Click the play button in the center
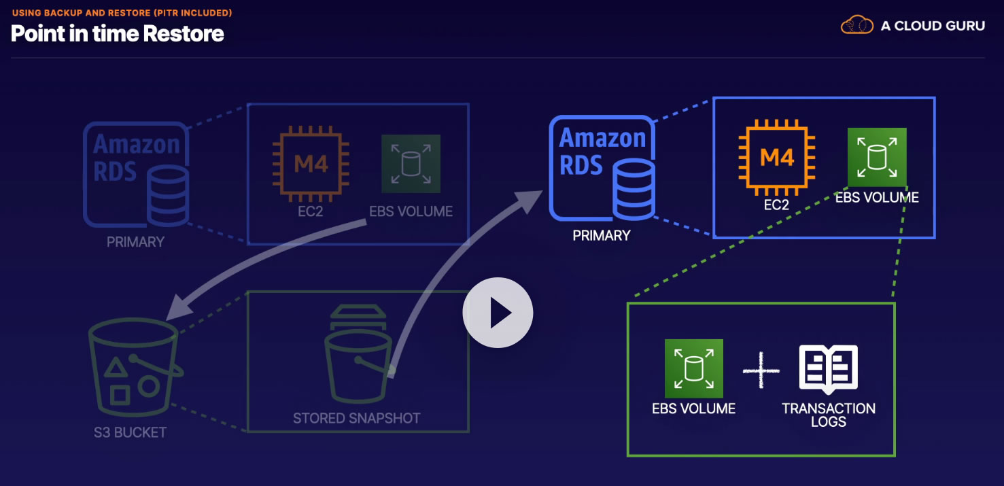(498, 313)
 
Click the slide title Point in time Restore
(118, 33)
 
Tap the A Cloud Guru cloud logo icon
(856, 26)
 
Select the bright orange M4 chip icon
(777, 158)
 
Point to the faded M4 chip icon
(311, 163)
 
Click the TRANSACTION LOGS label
(828, 415)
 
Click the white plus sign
(761, 372)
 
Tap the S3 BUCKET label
(130, 432)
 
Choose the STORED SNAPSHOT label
(356, 418)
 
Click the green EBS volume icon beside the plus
(693, 368)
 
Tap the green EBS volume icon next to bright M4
(876, 157)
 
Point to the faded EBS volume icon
(411, 164)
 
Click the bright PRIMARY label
(601, 236)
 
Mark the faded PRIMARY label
(135, 242)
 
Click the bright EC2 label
(776, 204)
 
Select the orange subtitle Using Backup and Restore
(122, 13)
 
